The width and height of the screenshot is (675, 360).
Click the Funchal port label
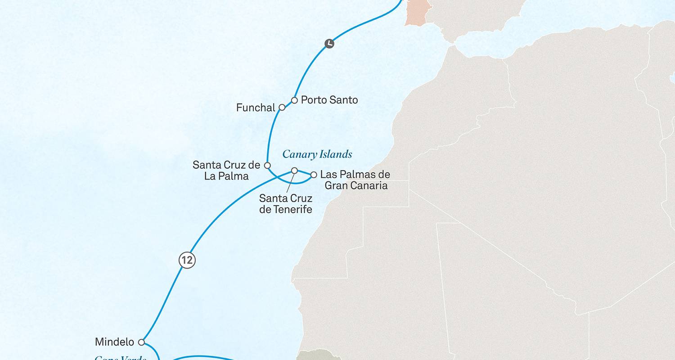coord(255,108)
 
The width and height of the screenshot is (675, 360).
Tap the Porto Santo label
coord(329,100)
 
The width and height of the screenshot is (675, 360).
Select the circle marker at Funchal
coord(282,108)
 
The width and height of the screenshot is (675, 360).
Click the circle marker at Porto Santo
coord(294,100)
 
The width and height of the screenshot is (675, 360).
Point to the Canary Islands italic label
coord(317,155)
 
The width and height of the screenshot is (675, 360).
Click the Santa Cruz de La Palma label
coord(226,171)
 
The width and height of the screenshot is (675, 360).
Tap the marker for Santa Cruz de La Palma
coord(267,166)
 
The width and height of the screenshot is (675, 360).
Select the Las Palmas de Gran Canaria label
coord(355,180)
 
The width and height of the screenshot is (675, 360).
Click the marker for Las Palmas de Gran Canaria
coord(314,175)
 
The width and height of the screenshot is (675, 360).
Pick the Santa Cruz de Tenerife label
coord(286,203)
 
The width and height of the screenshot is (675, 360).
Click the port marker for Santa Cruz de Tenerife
coord(294,171)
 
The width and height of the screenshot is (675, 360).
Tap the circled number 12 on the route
coord(187,261)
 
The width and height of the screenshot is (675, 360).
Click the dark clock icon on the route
coord(329,44)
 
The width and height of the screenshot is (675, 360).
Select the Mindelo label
coord(114,342)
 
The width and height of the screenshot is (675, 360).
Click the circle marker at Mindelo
coord(141,342)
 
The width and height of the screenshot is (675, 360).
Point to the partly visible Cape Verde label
coord(121,358)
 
